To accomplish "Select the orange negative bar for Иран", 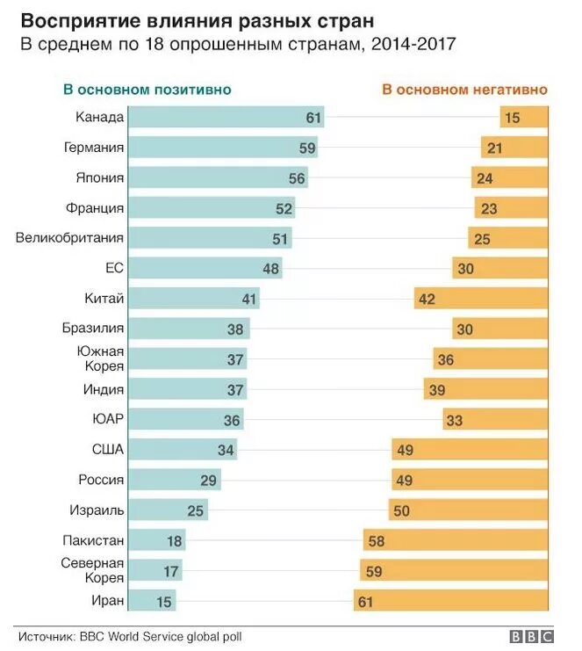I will tap(451, 601).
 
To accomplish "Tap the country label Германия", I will tap(94, 148).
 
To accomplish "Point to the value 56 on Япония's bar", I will tap(298, 178).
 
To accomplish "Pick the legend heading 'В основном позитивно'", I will tap(147, 90).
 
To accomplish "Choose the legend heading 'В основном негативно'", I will tap(464, 90).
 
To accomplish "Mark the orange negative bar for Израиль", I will tap(469, 510).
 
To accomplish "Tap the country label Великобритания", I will tap(70, 238).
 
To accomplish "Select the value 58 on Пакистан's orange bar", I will tap(377, 541).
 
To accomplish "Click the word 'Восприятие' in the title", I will tap(78, 19).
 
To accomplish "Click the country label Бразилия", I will tap(94, 329).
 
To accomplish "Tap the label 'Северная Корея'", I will tap(92, 570).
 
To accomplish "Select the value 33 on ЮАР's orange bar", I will tap(454, 420).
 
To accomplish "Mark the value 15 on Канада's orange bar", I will tap(512, 118).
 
